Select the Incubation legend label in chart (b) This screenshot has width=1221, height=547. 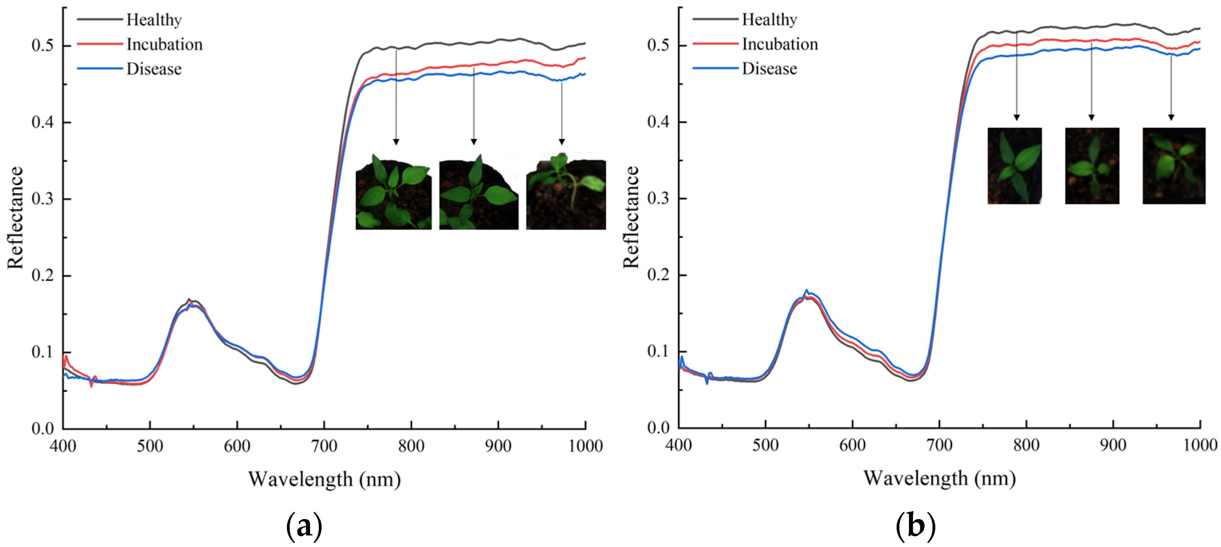[780, 44]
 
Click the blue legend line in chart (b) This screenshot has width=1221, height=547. [715, 68]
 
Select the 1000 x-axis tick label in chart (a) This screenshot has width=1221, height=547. [585, 446]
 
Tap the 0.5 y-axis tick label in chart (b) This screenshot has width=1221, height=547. [658, 45]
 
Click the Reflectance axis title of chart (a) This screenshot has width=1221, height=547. [15, 218]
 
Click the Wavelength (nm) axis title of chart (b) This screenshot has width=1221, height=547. [939, 478]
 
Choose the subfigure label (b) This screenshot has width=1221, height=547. [915, 525]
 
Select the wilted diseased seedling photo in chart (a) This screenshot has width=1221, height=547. [565, 192]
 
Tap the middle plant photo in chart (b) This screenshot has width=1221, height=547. [1091, 166]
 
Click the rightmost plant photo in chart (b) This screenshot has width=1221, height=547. [1173, 166]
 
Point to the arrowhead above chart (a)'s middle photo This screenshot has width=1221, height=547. [473, 141]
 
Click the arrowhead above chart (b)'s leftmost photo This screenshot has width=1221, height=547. [1016, 117]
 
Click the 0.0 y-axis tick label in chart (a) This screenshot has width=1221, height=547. [43, 429]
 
